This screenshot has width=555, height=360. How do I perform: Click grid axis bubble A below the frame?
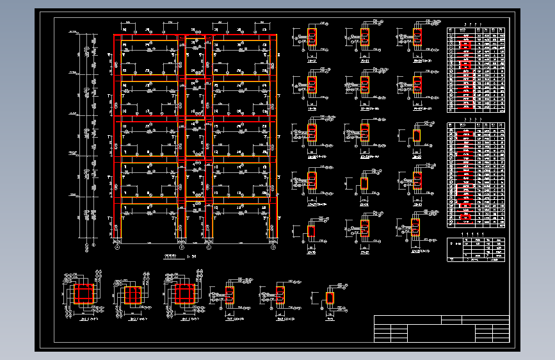(x=118, y=247)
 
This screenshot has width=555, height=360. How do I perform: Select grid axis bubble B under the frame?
(x=182, y=247)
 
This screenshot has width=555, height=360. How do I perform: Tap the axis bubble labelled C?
(x=209, y=247)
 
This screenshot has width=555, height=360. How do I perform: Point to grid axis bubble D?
(x=273, y=247)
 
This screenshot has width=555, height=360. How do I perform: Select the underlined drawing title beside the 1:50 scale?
(x=171, y=256)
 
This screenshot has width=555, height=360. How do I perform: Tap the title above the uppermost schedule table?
(x=475, y=24)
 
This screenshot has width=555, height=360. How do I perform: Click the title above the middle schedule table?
(x=475, y=119)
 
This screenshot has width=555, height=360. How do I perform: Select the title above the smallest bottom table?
(x=475, y=234)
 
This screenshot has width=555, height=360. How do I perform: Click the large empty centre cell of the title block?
(x=441, y=332)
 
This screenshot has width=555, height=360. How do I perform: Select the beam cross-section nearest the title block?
(x=330, y=297)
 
